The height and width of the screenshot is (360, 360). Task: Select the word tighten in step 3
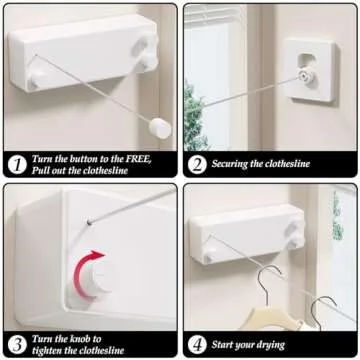[52, 350]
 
